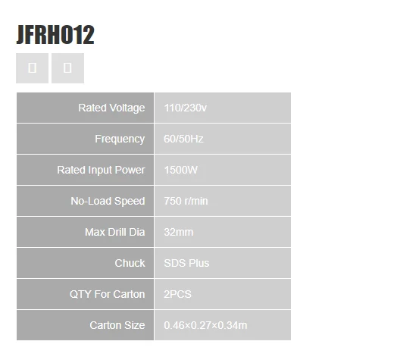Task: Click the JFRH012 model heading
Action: coord(55,35)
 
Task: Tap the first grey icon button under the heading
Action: coord(32,68)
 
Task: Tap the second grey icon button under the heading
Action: coord(67,68)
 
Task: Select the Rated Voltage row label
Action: coord(111,108)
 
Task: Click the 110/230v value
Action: coord(186,108)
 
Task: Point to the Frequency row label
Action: coord(120,139)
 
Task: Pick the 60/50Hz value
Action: coord(183,139)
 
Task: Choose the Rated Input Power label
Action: coord(101,170)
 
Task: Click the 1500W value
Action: coord(181,170)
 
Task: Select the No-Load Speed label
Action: coord(108,201)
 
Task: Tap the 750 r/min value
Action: coord(186,201)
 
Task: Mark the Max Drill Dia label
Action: coord(115,232)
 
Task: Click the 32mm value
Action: coord(179,232)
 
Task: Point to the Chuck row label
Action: coord(130,263)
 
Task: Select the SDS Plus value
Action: coord(186,263)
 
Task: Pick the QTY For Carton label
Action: coord(108,294)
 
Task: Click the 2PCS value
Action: coord(177,294)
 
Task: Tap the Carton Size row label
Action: coord(117,325)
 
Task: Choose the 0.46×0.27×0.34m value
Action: coord(205,325)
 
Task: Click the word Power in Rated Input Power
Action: coord(130,170)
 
